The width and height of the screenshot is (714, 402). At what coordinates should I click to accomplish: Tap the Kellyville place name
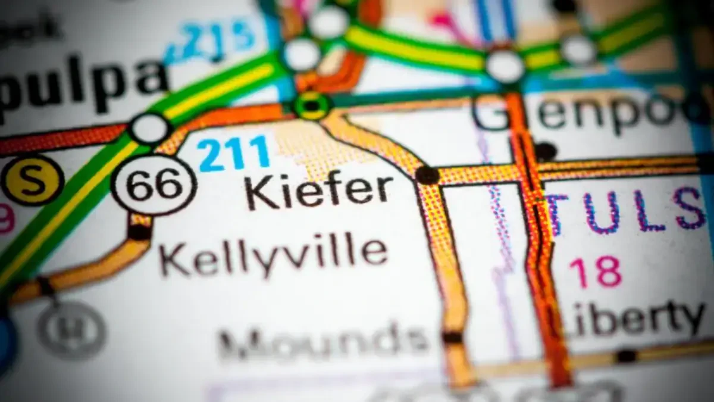point(274,254)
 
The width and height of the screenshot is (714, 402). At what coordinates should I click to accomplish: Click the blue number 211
point(234,153)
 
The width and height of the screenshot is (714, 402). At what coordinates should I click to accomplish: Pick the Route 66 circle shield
point(154,185)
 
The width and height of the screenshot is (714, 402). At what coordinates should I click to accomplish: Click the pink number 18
point(596,272)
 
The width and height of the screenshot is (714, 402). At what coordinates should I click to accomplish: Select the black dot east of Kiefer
point(427,174)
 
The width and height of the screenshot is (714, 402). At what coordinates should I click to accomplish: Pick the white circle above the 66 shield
point(150,128)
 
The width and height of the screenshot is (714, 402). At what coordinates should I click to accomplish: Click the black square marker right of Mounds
point(452,338)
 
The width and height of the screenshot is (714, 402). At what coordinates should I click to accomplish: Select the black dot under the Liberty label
point(626,356)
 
